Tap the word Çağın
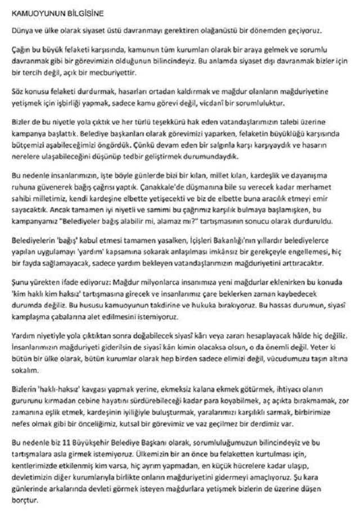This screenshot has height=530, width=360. tap(22, 48)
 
